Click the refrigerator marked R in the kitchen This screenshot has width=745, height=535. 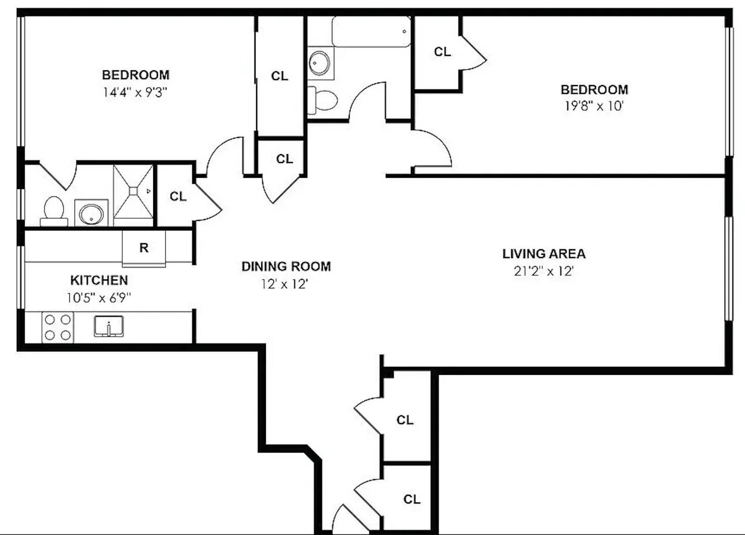(144, 248)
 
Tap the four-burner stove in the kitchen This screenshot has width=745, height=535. (58, 327)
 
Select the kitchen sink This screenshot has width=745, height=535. (108, 326)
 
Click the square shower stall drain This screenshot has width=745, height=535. (133, 191)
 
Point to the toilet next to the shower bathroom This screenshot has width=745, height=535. (54, 210)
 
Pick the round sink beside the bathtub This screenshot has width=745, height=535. (320, 63)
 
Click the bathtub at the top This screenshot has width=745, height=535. (371, 32)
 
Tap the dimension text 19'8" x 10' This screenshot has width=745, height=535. (594, 106)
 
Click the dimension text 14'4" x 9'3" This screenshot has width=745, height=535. (135, 92)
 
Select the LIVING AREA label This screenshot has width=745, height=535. (544, 254)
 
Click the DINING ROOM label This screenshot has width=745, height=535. (286, 266)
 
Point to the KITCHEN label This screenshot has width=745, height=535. (99, 280)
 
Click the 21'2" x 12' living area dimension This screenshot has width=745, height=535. (543, 271)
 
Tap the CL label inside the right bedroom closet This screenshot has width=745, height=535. (442, 52)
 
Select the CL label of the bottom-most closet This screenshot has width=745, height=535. (412, 499)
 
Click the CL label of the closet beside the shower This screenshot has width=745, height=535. (178, 196)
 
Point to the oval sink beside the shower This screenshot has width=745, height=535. (91, 214)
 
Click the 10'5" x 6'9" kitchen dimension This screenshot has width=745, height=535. (99, 298)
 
